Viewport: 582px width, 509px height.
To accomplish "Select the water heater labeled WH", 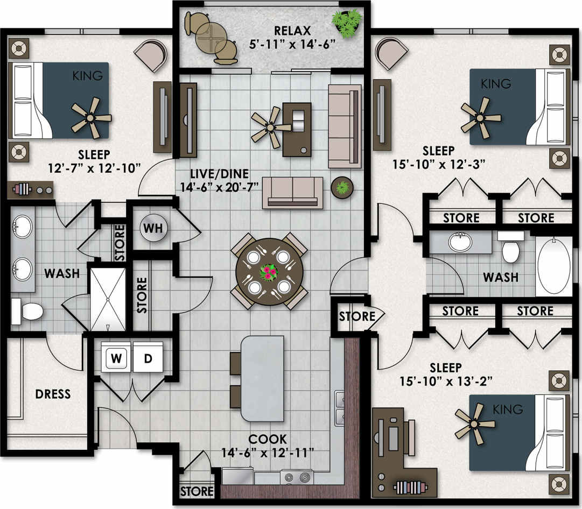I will click(151, 228).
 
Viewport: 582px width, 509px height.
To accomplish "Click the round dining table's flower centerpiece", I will click(268, 272).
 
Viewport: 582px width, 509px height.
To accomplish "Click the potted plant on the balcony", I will click(347, 23).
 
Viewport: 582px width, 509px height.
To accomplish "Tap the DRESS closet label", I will click(53, 394).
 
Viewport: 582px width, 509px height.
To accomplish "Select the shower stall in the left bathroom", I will click(108, 299).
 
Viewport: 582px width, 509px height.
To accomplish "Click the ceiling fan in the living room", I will click(271, 127).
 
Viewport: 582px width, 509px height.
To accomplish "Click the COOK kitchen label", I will click(268, 439).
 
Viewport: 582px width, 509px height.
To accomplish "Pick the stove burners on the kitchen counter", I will click(297, 477).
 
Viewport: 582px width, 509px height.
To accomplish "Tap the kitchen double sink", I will click(340, 408).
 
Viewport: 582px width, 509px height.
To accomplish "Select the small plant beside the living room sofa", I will click(341, 188).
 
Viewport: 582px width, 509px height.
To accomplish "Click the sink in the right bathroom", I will click(460, 242).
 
